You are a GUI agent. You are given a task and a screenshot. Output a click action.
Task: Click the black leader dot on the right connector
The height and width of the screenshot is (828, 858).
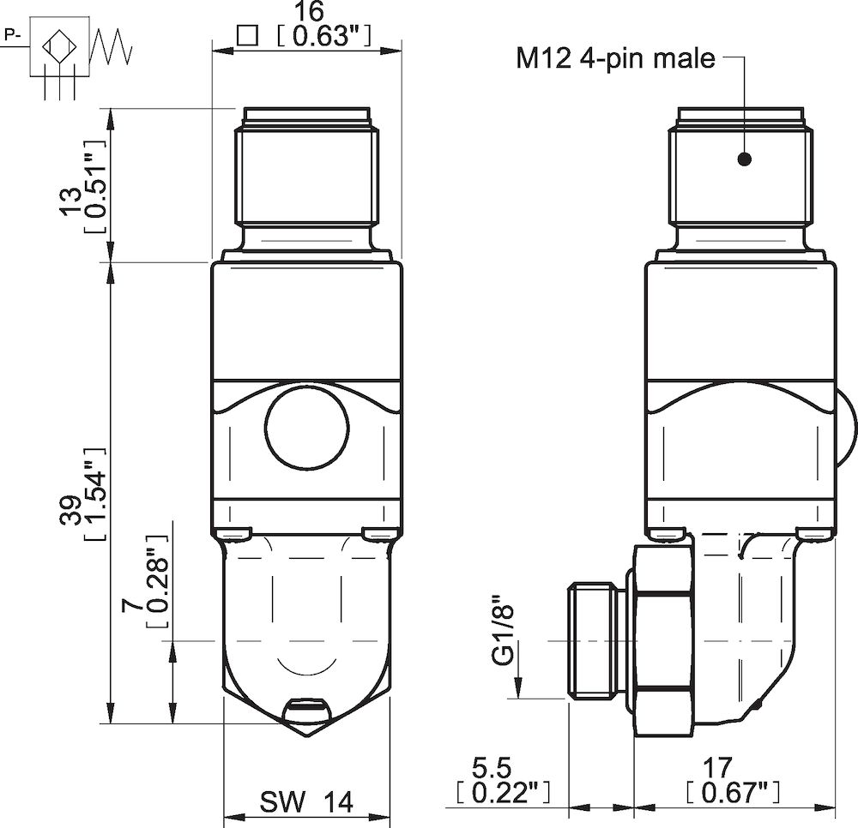click(744, 159)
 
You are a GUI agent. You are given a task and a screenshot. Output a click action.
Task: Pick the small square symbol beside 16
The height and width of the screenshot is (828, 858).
click(247, 36)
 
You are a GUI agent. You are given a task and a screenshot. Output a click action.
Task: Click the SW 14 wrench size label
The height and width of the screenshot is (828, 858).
click(305, 802)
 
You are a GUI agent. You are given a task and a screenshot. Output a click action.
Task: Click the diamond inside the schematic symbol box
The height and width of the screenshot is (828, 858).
click(60, 45)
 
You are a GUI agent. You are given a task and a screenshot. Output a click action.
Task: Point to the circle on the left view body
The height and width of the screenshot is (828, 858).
click(306, 426)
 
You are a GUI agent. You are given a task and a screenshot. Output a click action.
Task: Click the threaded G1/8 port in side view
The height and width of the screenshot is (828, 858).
click(595, 639)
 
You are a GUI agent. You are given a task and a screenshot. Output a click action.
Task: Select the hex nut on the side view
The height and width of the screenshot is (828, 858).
click(662, 639)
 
